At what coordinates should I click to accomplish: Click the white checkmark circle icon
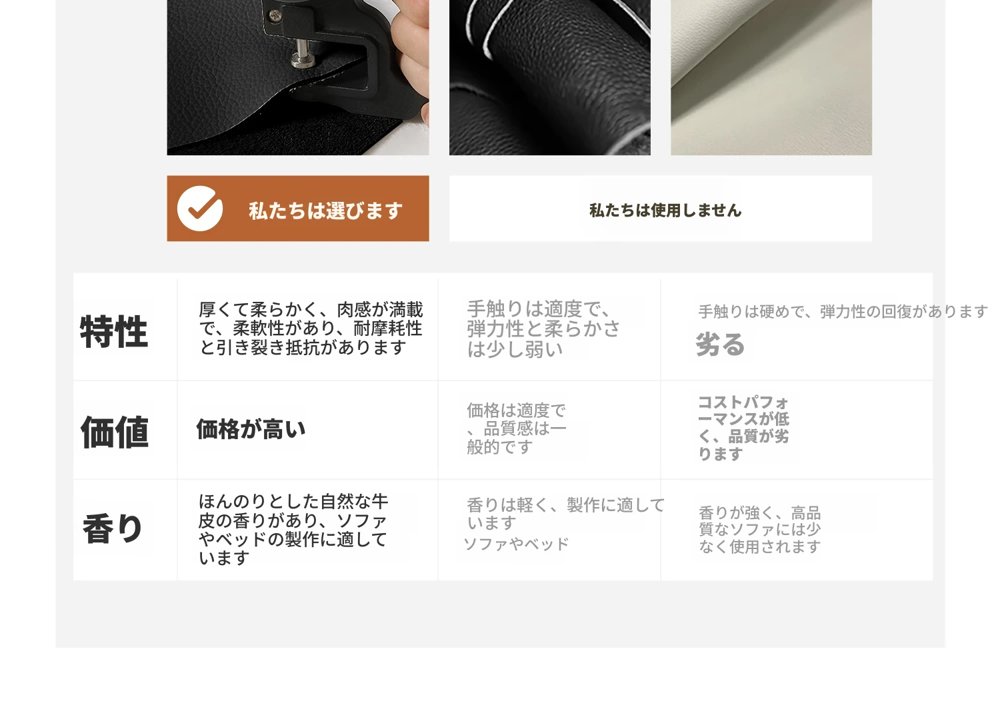[199, 209]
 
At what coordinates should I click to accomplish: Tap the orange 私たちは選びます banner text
[325, 211]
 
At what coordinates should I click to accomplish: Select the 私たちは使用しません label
[665, 210]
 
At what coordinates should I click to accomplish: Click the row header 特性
[114, 331]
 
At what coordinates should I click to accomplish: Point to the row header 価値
[114, 432]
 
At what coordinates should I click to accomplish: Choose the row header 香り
[113, 528]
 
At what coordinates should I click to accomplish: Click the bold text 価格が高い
[251, 429]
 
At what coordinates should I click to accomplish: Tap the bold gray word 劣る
[720, 344]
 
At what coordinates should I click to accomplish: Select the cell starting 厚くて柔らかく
[311, 329]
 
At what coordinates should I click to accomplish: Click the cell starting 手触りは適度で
[543, 329]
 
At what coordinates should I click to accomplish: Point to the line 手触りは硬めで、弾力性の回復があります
[843, 311]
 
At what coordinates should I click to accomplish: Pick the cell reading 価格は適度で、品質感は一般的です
[517, 428]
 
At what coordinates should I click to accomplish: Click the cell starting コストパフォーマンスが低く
[743, 428]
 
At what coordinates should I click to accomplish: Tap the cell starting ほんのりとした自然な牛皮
[293, 529]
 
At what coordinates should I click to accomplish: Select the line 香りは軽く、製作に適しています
[565, 514]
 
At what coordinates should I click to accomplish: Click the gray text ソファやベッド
[517, 544]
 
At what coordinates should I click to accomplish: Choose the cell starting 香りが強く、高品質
[760, 529]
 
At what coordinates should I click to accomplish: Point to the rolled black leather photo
[549, 77]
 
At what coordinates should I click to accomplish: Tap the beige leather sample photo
[771, 77]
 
